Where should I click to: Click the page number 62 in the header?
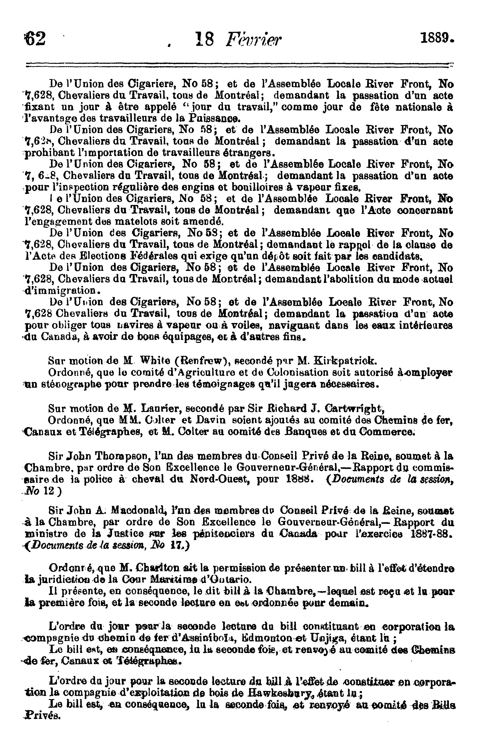[x=35, y=39]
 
